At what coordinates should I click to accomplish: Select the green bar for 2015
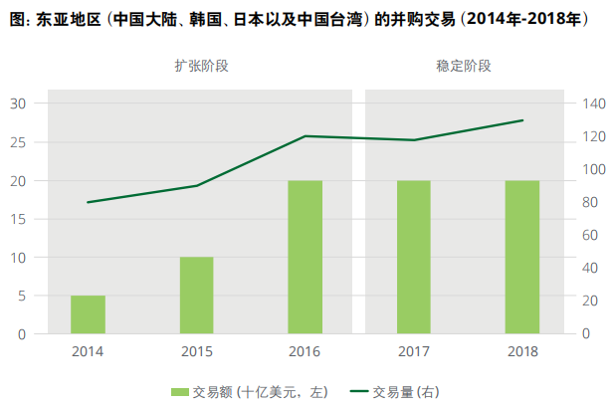pyautogui.click(x=197, y=296)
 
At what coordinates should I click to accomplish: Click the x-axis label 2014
pyautogui.click(x=88, y=351)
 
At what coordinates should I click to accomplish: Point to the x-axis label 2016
pyautogui.click(x=305, y=351)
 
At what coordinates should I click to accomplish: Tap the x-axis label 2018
pyautogui.click(x=522, y=351)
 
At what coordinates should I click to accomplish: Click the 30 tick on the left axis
pyautogui.click(x=19, y=103)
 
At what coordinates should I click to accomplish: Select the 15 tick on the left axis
pyautogui.click(x=19, y=219)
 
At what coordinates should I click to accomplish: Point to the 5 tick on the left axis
pyautogui.click(x=22, y=296)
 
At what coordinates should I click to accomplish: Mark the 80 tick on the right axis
pyautogui.click(x=591, y=202)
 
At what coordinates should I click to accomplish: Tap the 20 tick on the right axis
pyautogui.click(x=591, y=301)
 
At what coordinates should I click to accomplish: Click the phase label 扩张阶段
pyautogui.click(x=199, y=66)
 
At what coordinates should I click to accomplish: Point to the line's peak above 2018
pyautogui.click(x=522, y=120)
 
